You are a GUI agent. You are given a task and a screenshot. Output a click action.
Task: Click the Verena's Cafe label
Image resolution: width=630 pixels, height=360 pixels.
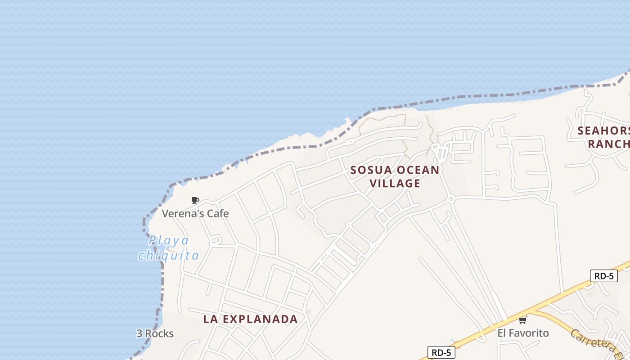pyautogui.click(x=195, y=213)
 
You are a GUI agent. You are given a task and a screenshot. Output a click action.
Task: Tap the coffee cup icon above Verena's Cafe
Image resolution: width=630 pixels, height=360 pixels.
pyautogui.click(x=195, y=200)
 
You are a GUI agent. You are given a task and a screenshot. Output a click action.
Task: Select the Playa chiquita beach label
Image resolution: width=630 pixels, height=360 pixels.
pyautogui.click(x=169, y=248)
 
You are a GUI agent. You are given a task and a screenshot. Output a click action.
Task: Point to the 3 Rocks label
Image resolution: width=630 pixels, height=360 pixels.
pyautogui.click(x=155, y=333)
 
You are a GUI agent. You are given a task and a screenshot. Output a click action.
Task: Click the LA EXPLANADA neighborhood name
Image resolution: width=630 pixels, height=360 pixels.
pyautogui.click(x=250, y=319)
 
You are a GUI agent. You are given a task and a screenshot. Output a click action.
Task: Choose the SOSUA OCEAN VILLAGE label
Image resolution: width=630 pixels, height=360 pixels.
pyautogui.click(x=395, y=176)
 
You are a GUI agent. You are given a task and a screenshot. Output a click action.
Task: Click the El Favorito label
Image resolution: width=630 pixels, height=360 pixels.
pyautogui.click(x=523, y=333)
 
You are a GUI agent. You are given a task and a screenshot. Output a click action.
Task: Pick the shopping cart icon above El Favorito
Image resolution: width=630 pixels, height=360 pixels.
pyautogui.click(x=522, y=320)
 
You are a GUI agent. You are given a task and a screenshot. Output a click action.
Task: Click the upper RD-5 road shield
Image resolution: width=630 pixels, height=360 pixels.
pyautogui.click(x=603, y=276)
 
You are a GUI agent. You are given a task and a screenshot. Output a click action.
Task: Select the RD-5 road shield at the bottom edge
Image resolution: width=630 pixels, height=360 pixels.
pyautogui.click(x=441, y=353)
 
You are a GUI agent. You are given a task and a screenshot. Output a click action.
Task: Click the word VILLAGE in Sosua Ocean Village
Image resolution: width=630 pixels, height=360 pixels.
pyautogui.click(x=395, y=183)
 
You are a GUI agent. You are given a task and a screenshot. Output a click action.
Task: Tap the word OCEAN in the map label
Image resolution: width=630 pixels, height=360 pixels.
pyautogui.click(x=419, y=170)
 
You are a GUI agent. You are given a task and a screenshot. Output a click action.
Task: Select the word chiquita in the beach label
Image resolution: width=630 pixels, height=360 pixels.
pyautogui.click(x=169, y=256)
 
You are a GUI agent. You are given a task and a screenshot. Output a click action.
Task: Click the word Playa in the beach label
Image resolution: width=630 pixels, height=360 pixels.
pyautogui.click(x=169, y=240)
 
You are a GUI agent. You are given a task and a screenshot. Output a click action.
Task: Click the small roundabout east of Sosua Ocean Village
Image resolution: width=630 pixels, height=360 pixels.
pyautogui.click(x=450, y=198)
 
